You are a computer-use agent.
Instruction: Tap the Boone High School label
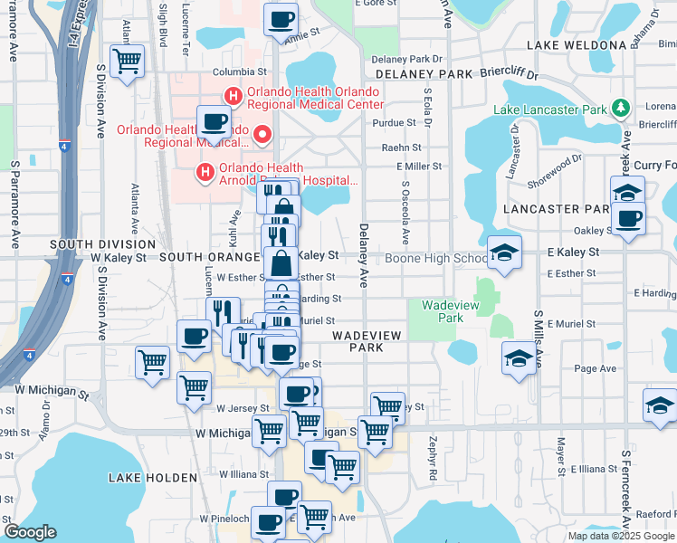tap(435, 259)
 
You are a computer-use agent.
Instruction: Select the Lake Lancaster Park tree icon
tap(620, 109)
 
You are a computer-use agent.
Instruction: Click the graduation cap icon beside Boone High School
tap(504, 252)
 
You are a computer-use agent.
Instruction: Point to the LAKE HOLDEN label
tap(152, 477)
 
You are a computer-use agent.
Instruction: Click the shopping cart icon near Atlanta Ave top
tap(127, 62)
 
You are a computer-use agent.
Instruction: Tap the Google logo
tap(30, 532)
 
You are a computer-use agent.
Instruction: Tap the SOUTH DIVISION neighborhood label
tap(102, 244)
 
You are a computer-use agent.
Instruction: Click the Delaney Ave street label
tap(364, 256)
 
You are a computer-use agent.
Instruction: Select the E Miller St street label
tap(419, 167)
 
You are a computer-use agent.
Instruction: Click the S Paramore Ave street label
tap(14, 205)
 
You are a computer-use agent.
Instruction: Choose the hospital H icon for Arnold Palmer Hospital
tap(205, 171)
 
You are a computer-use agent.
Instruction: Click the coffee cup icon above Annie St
tap(281, 18)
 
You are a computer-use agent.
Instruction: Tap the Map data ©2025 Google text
tap(621, 536)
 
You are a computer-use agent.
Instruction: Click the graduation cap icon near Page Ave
tap(519, 358)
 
